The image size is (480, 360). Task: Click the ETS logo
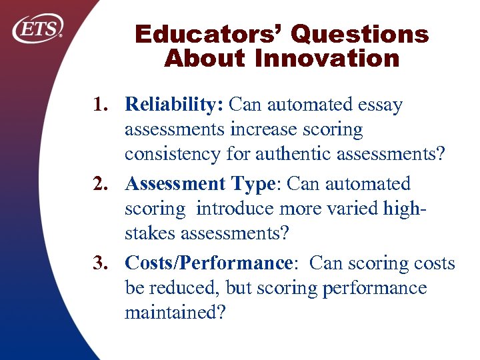tap(39, 29)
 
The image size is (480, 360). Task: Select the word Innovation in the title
tap(326, 59)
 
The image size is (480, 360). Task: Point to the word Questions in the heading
tap(359, 35)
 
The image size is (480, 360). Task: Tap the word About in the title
tap(205, 59)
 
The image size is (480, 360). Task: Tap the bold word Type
tap(254, 183)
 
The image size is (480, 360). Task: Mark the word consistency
tap(167, 154)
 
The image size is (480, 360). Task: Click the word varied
tap(353, 209)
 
